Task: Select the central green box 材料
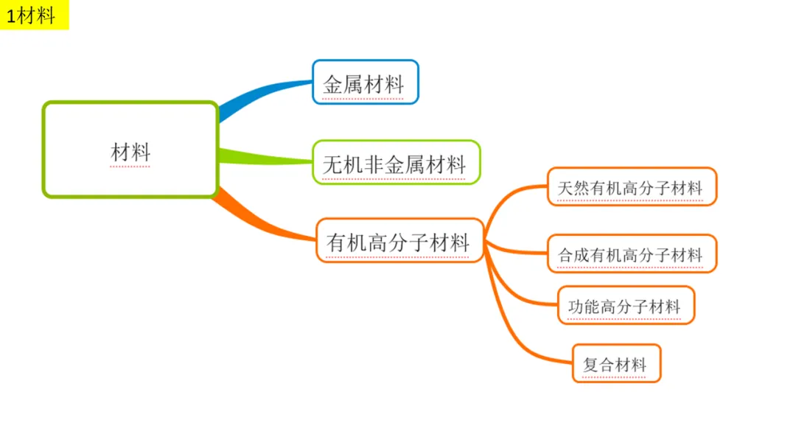pos(130,150)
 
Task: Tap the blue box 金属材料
pos(365,82)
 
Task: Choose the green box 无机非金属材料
pos(396,162)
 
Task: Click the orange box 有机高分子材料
pos(399,240)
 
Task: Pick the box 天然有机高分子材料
pos(632,186)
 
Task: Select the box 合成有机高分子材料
pos(632,254)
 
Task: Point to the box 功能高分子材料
pos(626,305)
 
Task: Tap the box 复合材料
pos(616,363)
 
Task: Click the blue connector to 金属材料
pos(258,96)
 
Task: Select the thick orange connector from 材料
pos(258,218)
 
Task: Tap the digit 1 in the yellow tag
pos(12,16)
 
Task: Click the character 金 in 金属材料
pos(333,83)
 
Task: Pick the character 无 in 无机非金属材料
pos(332,163)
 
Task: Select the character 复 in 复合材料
pos(590,364)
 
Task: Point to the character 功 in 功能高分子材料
pos(577,306)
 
